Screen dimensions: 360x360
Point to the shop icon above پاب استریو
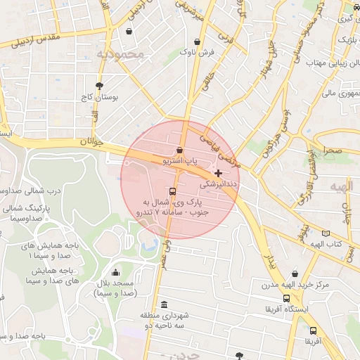pos(180,150)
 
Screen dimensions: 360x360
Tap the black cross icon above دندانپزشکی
pos(218,173)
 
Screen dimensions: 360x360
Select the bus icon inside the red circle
pos(173,191)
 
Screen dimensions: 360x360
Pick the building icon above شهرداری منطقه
pos(164,304)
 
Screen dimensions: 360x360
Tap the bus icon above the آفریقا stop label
pos(313,330)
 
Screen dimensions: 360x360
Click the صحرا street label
pos(333,150)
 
